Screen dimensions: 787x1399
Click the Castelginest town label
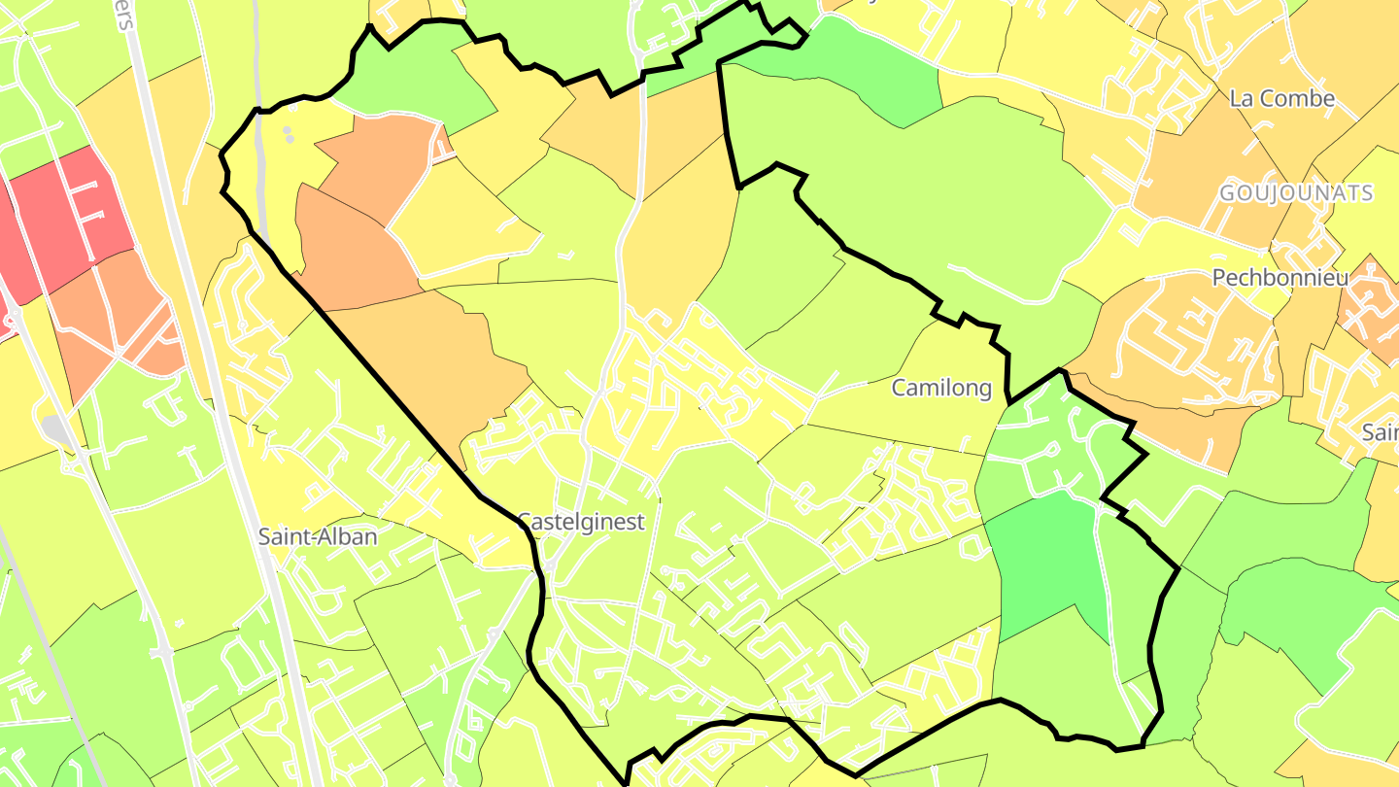[581, 522]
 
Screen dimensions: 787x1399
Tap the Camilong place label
[941, 389]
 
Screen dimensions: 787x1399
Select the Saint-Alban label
[317, 535]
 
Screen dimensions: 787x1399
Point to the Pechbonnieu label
[1280, 278]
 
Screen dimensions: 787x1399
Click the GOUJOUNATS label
[1296, 193]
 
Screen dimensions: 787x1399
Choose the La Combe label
[1281, 98]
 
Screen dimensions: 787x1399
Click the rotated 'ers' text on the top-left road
[125, 16]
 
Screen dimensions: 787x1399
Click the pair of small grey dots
[288, 133]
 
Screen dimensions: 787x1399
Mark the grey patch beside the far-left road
[54, 428]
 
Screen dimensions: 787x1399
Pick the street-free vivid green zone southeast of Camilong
[1044, 564]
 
